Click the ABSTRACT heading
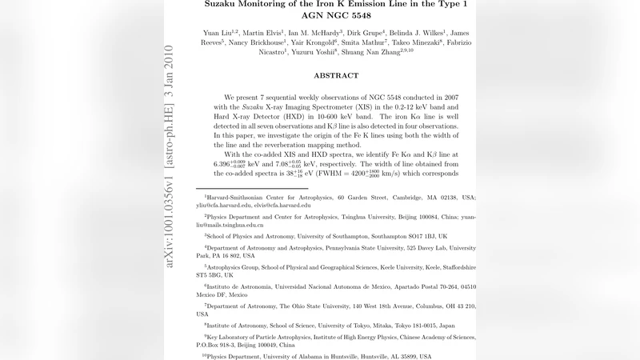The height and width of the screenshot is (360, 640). click(336, 75)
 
